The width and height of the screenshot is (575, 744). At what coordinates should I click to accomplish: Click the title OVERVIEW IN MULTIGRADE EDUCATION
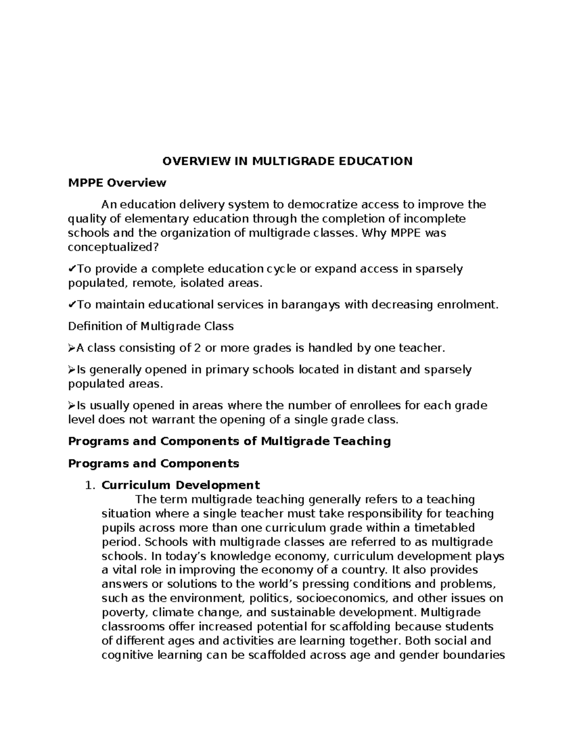tap(287, 161)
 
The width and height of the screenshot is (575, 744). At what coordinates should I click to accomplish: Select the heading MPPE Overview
tap(117, 183)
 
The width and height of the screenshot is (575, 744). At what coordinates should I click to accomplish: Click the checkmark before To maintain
tap(72, 304)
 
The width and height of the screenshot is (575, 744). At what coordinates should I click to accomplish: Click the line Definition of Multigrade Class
tap(151, 326)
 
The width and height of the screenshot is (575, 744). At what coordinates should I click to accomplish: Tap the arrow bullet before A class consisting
tap(72, 348)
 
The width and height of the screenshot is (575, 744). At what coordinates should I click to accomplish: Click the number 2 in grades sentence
tap(196, 348)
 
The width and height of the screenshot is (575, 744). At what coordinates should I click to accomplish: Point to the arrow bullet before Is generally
tap(72, 370)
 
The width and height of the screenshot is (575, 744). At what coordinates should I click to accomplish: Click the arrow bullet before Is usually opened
tap(72, 406)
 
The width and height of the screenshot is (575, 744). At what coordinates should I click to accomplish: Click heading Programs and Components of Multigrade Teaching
tap(230, 441)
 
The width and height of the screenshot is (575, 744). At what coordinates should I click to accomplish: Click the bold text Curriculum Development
tap(181, 485)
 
